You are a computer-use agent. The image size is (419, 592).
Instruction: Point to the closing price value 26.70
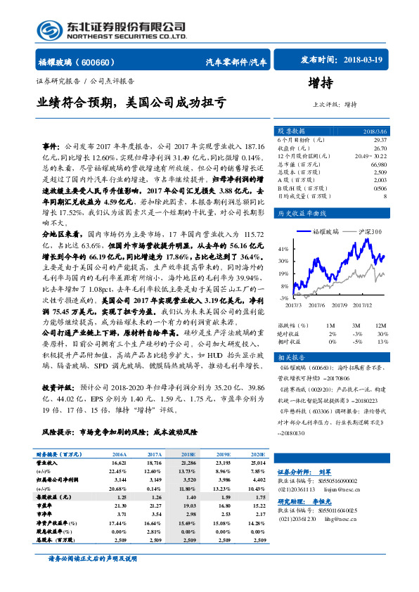(x=380, y=148)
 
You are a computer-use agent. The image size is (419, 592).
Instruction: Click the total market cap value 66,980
(x=378, y=163)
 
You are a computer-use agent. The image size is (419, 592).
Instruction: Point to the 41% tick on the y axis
(x=284, y=250)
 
